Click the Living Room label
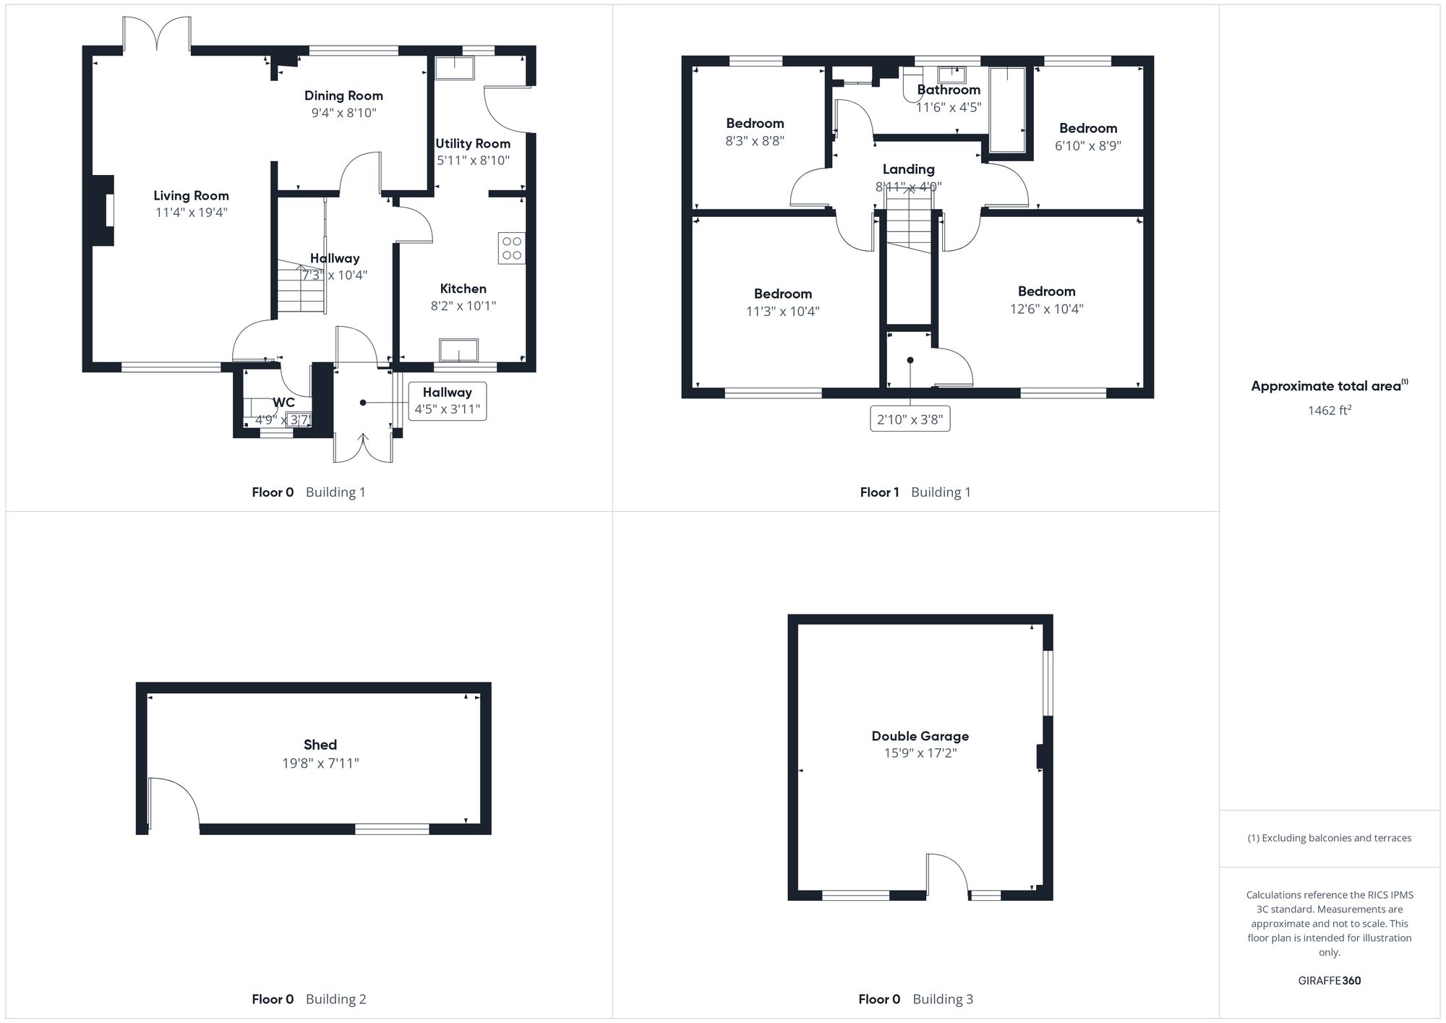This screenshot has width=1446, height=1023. [x=191, y=195]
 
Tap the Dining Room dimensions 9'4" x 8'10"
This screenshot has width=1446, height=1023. [x=343, y=113]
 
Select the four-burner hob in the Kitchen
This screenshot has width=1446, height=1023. [x=512, y=248]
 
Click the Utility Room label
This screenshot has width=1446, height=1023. [x=473, y=143]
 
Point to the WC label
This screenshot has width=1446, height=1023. [x=283, y=403]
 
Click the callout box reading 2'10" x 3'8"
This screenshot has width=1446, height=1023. [x=910, y=419]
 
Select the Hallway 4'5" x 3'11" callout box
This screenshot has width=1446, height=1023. [x=447, y=401]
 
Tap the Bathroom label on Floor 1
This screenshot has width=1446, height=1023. [x=949, y=90]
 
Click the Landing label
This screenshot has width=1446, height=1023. [x=908, y=169]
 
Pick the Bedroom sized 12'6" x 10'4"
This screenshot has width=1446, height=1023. [x=1046, y=299]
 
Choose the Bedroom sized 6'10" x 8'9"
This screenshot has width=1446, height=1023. [x=1087, y=136]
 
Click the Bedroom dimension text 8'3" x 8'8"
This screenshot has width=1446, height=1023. [x=755, y=141]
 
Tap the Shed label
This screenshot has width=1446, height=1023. [x=320, y=745]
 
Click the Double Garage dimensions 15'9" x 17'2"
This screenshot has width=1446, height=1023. [x=920, y=753]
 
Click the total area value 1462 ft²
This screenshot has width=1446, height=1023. [x=1329, y=411]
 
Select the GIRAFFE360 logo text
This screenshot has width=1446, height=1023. [x=1329, y=981]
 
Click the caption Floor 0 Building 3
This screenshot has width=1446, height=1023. [x=915, y=999]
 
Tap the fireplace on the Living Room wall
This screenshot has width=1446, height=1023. [x=104, y=210]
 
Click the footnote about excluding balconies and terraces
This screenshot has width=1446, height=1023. [x=1329, y=838]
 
